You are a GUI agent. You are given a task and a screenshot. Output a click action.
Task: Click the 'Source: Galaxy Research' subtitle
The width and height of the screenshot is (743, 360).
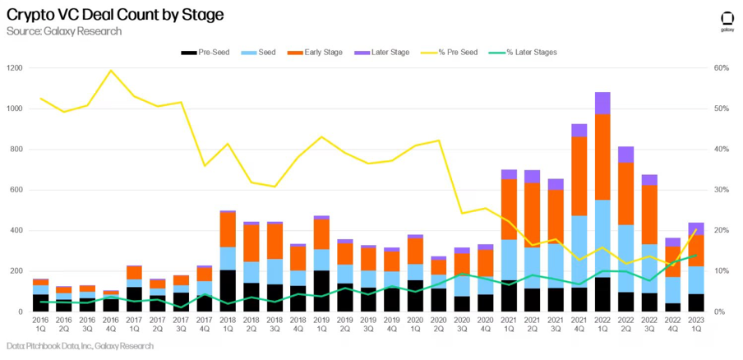64,31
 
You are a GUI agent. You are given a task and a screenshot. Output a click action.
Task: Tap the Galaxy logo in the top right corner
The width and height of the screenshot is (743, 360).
727,20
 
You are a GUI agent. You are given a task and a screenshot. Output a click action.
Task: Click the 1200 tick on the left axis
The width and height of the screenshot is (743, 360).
16,68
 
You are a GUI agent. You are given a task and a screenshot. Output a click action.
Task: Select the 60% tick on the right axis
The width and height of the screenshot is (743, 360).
721,68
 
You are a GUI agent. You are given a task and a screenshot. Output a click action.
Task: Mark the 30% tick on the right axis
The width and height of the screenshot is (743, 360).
721,190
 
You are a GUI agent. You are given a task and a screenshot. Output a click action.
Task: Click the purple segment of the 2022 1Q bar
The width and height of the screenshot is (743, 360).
602,103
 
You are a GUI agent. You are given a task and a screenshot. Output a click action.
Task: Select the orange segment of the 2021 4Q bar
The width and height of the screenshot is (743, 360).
579,176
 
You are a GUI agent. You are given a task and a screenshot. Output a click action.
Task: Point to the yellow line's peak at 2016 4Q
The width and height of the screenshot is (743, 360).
110,71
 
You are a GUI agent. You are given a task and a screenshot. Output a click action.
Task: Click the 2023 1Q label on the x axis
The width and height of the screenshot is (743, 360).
695,325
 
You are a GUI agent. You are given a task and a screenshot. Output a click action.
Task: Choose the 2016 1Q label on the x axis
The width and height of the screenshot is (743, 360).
40,325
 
